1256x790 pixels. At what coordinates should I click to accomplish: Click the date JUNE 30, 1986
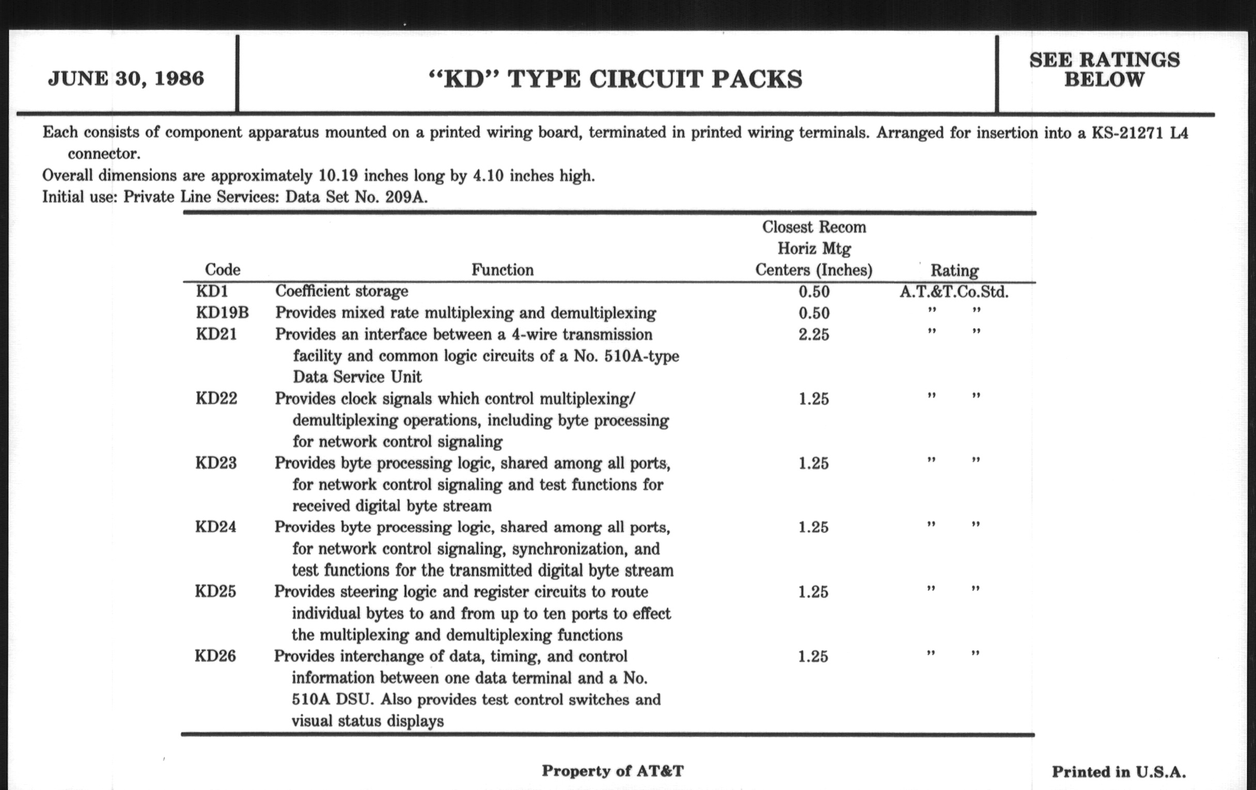pos(125,78)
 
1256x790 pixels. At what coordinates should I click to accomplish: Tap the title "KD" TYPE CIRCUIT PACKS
pos(616,80)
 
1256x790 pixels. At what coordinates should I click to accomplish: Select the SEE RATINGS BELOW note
pos(1104,70)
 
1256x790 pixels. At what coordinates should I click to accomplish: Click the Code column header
pos(222,270)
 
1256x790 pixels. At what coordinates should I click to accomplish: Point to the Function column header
pos(503,270)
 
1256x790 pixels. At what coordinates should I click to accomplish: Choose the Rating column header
pos(954,271)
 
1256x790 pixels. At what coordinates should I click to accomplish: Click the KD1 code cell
pos(212,291)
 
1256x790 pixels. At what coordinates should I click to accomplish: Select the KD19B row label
pos(222,313)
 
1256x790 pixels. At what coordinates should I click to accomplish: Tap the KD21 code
pos(216,334)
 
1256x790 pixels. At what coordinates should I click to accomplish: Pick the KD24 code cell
pos(215,527)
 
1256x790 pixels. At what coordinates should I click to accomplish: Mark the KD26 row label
pos(215,656)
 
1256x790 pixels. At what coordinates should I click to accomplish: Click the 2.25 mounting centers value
pos(814,334)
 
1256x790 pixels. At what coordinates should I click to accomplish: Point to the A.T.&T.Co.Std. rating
pos(954,292)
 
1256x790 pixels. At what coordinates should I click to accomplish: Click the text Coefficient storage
pos(342,291)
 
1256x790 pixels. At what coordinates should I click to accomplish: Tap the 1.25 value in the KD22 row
pos(814,399)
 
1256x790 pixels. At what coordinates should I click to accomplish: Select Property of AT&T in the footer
pos(613,771)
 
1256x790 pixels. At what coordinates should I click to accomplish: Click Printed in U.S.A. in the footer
pos(1118,772)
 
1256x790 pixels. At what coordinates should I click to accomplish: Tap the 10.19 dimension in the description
pos(338,175)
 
